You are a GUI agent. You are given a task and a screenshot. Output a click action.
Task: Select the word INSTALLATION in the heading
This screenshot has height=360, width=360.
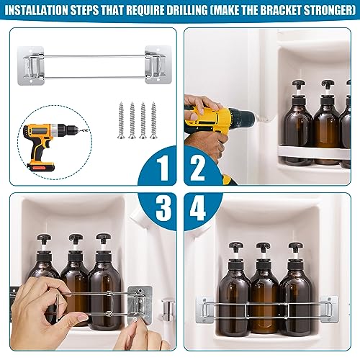coord(37,10)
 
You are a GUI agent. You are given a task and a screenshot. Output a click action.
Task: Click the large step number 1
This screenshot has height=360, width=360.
coord(163,167)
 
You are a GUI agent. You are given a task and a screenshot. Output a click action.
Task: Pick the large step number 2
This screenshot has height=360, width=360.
coord(197,167)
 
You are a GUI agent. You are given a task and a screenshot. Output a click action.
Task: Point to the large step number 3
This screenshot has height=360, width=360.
coord(163,207)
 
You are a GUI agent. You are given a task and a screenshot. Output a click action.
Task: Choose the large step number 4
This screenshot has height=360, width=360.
coord(197,207)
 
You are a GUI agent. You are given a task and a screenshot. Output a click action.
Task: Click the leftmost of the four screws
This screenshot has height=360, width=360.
coord(121,120)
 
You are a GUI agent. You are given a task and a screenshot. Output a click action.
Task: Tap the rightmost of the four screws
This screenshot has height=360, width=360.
coord(153,120)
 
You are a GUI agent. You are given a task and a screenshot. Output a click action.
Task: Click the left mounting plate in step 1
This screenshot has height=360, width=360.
coord(31,66)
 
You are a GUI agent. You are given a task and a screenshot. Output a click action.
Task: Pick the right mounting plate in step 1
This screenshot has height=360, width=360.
coord(158,65)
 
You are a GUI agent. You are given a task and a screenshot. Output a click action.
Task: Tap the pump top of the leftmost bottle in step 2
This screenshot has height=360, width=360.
coord(298,84)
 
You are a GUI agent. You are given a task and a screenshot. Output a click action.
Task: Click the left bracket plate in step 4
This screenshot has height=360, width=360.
coord(204,310)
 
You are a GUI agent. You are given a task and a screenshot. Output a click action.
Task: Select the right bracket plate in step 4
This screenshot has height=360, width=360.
coord(329,309)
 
